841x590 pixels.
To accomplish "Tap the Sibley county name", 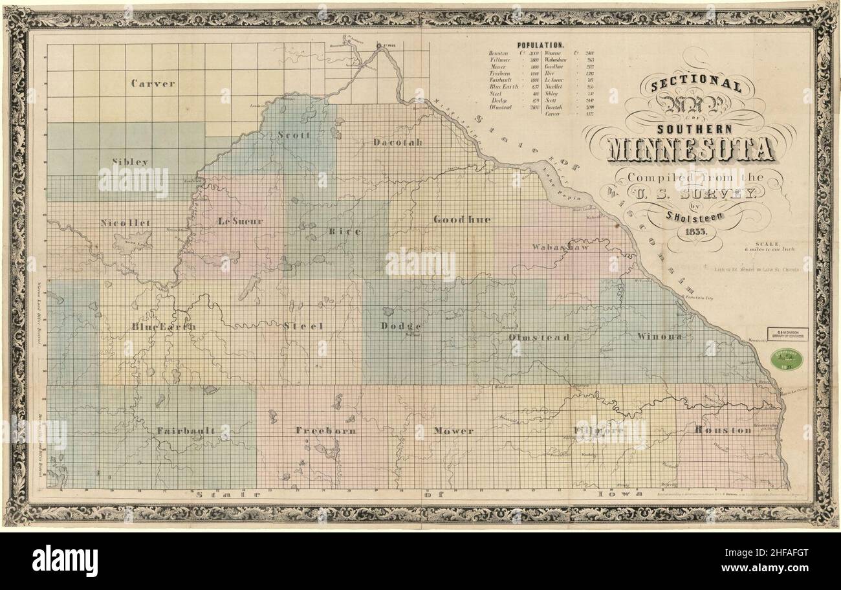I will [x=130, y=161].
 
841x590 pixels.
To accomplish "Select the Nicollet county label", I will [x=126, y=223].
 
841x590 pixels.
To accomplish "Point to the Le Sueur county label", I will [x=241, y=221].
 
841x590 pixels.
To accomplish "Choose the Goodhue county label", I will [x=462, y=220].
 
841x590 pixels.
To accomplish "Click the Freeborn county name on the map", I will [x=325, y=430].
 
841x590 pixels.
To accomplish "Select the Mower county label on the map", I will [x=453, y=430].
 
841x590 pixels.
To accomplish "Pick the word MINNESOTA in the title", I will [x=690, y=149].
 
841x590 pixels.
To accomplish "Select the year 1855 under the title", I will [x=698, y=230].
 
